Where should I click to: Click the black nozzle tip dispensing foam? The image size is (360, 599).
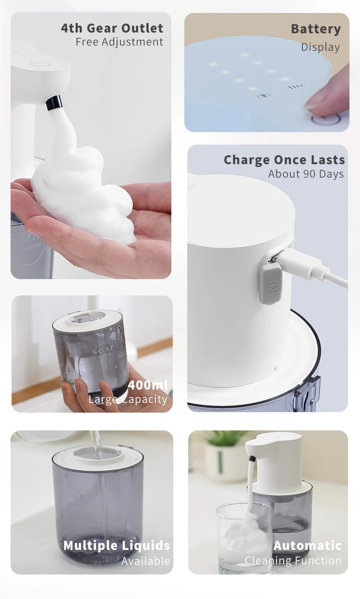[x=54, y=102]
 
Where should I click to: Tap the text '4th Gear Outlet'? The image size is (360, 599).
[x=112, y=28]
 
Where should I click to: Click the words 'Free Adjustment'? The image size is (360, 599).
[x=120, y=42]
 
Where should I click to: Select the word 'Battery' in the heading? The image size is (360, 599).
[x=315, y=29]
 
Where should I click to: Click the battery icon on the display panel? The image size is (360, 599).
[x=264, y=96]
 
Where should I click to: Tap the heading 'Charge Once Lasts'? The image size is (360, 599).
[x=284, y=159]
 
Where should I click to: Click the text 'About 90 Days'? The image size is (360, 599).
[x=306, y=174]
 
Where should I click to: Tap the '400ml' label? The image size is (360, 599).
[x=148, y=385]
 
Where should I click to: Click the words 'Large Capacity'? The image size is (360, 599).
[x=128, y=399]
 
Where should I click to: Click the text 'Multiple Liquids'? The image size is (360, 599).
[x=117, y=545]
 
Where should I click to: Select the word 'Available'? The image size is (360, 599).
[x=145, y=561]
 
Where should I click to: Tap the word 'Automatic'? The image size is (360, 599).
[x=308, y=545]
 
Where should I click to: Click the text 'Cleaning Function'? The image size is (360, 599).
[x=293, y=560]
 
